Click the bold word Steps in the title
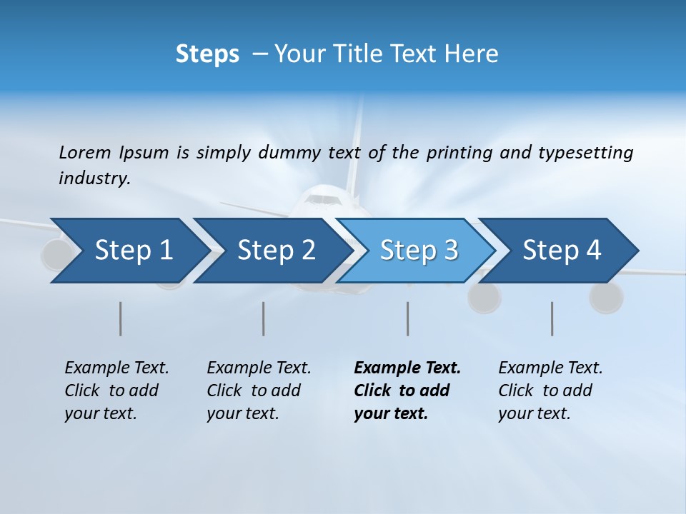(207, 54)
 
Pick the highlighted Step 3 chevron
(419, 251)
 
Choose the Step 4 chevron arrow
(562, 251)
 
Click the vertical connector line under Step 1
(120, 318)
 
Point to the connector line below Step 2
(264, 318)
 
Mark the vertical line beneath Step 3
(407, 318)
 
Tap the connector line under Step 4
(552, 318)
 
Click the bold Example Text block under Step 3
(407, 390)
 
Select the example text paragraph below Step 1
(116, 390)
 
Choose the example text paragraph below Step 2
(259, 390)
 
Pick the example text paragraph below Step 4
(550, 390)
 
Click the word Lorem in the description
(85, 152)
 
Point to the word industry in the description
(94, 178)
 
